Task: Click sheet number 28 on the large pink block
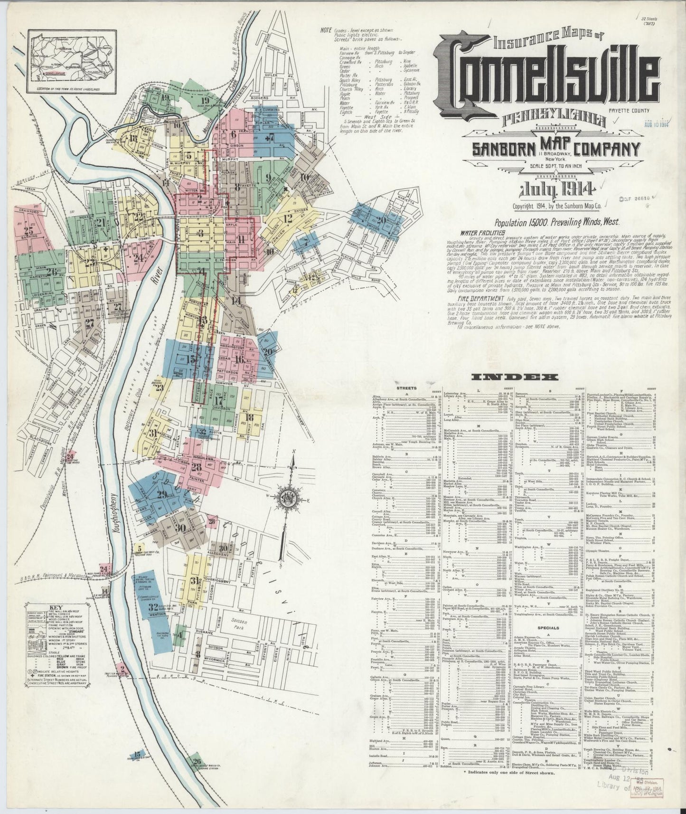tap(196, 467)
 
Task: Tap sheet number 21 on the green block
tap(101, 223)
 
